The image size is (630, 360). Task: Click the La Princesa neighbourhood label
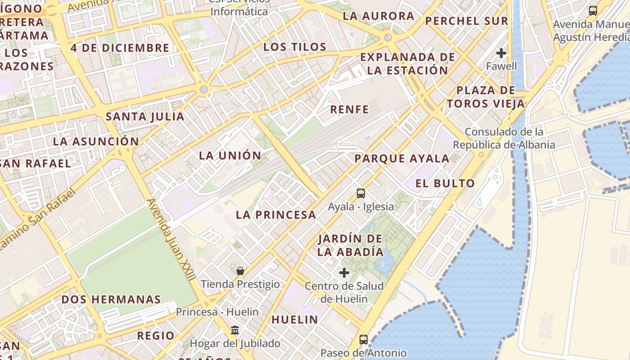[276, 215]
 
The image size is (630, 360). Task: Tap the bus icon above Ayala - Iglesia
[361, 193]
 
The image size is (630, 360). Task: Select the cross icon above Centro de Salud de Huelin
[344, 272]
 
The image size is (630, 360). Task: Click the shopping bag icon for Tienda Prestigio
[240, 270]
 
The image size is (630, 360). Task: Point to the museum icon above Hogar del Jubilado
[235, 330]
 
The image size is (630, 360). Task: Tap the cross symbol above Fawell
[501, 53]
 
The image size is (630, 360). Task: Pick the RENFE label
[349, 109]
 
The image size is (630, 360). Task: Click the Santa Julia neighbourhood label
[145, 117]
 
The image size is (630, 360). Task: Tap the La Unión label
[230, 156]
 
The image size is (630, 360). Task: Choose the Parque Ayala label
[402, 158]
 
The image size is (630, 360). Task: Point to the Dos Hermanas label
[111, 299]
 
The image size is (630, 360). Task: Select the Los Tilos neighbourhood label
[295, 47]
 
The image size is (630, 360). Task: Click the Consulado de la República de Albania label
[504, 138]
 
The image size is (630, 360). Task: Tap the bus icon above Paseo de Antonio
[364, 339]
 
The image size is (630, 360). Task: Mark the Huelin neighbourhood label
[294, 319]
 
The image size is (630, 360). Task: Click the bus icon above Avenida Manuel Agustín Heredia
[593, 10]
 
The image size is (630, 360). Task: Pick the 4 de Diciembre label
[120, 48]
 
